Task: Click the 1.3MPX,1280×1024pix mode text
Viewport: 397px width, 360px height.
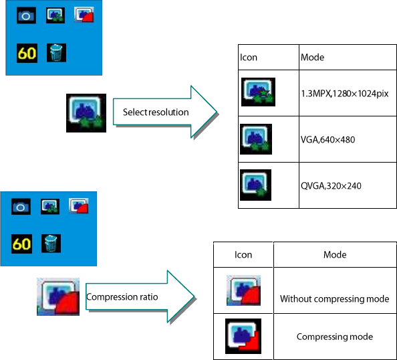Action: pos(345,94)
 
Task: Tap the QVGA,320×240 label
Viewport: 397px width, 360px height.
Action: pos(331,186)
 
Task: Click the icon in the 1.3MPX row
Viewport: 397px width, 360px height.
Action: pos(258,92)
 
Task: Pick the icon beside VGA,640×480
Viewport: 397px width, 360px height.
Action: pos(256,139)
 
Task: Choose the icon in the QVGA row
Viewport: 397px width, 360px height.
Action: pos(255,185)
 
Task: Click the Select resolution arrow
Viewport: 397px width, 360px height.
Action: pos(164,112)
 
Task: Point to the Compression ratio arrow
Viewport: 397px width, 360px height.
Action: pos(140,296)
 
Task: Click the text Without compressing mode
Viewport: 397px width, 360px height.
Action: pos(334,299)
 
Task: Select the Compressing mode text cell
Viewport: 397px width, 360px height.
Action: pos(335,337)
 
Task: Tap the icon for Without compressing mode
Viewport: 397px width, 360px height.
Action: pos(243,290)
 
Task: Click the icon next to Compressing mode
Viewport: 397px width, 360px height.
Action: pos(243,336)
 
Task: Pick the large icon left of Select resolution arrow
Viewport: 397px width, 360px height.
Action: pos(86,113)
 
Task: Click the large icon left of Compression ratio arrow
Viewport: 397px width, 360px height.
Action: pos(58,296)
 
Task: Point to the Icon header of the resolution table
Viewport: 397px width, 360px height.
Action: pos(249,58)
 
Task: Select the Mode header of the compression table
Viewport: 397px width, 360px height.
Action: pos(335,254)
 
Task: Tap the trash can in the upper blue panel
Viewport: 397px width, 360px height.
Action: pos(56,53)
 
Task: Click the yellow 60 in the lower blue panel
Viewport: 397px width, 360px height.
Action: pos(21,244)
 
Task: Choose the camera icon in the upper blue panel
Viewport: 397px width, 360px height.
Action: pos(26,15)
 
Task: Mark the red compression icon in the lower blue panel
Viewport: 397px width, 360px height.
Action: pos(79,206)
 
